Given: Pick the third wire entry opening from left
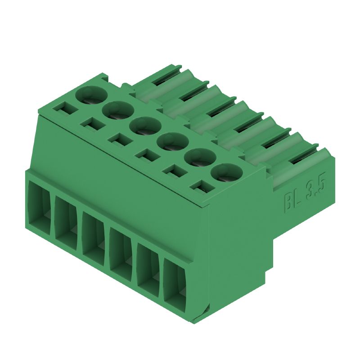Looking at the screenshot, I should [x=93, y=236].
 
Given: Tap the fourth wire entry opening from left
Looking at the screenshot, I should [x=121, y=252].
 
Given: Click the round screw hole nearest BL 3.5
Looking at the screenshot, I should [x=227, y=173].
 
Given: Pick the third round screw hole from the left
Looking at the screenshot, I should [x=145, y=126].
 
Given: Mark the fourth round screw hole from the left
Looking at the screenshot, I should [x=172, y=142].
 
